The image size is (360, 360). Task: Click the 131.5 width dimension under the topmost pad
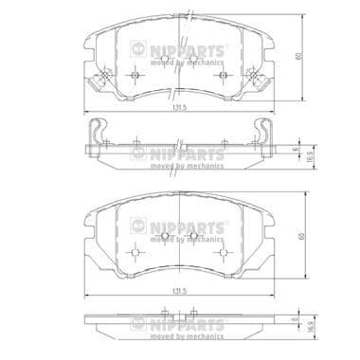pos(178,108)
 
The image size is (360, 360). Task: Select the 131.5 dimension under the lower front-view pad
pos(178,285)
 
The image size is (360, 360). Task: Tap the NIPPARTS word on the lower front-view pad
pos(194,227)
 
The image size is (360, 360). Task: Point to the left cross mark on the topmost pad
pos(135,76)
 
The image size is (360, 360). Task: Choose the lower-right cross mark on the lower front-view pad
pos(222,252)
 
